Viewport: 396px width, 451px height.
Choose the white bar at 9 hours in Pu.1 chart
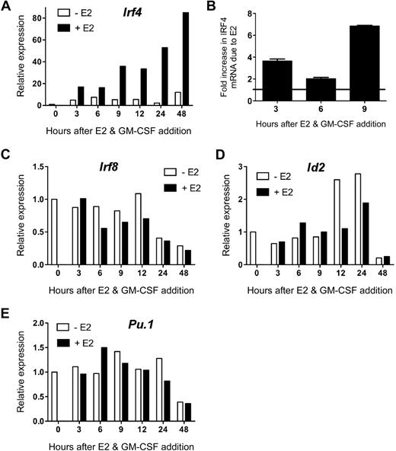pos(96,394)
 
